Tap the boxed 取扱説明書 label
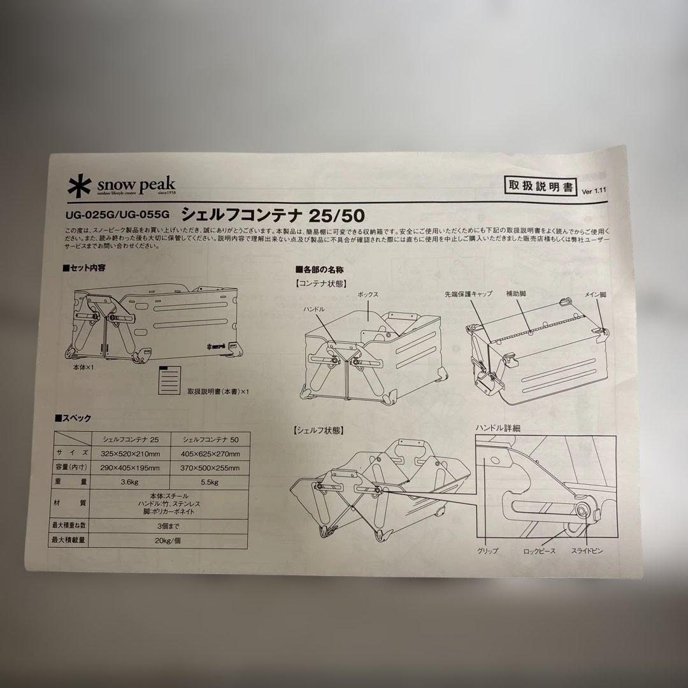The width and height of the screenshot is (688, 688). (539, 186)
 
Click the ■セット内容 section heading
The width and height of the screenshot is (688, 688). (84, 268)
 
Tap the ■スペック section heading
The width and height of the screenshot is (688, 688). (73, 418)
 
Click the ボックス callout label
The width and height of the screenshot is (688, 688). (367, 295)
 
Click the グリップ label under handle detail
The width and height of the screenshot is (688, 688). (487, 550)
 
